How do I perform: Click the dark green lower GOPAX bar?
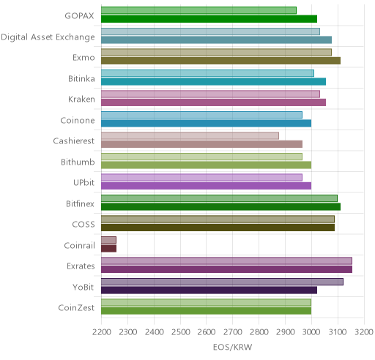click(209, 19)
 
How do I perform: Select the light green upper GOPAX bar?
click(198, 10)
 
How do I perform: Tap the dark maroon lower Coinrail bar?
click(108, 249)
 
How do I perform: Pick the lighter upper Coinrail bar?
click(108, 240)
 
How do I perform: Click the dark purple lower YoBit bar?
click(209, 290)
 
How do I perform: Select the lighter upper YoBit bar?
click(222, 282)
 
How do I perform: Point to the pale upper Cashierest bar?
click(190, 136)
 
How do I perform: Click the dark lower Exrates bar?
click(226, 269)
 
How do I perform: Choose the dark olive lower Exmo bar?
click(220, 61)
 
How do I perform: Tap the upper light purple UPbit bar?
click(201, 178)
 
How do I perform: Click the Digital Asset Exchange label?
click(48, 37)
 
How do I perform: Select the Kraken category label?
click(81, 100)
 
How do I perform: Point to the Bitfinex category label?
click(80, 203)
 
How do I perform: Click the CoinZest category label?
click(76, 308)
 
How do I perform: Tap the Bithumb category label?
click(78, 162)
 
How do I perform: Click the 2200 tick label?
click(101, 332)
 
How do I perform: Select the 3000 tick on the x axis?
click(311, 332)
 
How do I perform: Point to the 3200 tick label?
click(364, 332)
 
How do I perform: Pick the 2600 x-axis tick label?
click(207, 332)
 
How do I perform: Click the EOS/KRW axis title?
click(232, 347)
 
